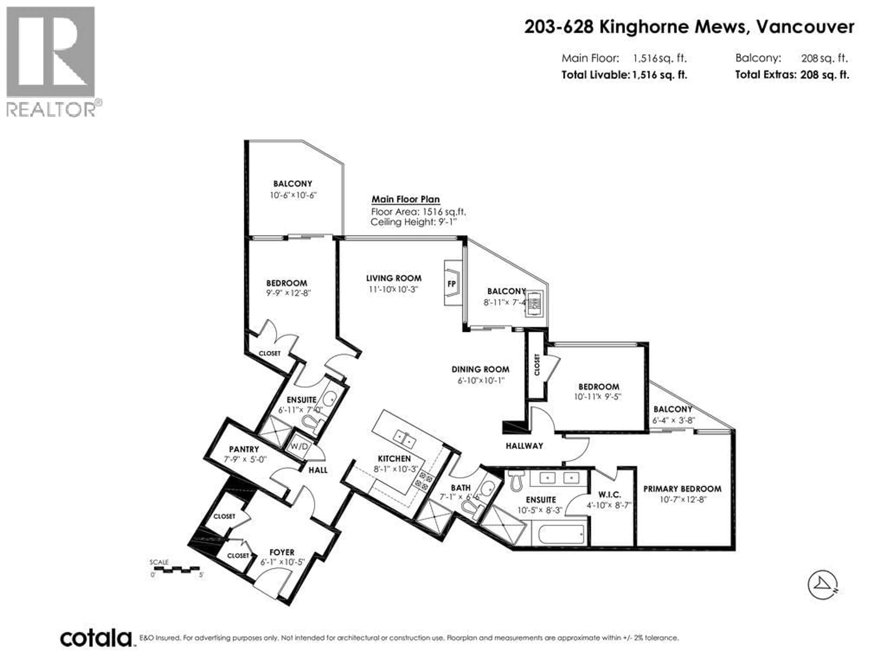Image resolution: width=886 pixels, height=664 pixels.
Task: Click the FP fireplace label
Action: tap(451, 284)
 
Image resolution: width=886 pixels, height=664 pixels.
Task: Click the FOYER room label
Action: tap(282, 552)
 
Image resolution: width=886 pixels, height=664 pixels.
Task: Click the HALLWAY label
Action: tap(524, 446)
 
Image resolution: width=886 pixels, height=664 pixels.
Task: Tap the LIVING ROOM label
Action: tap(394, 278)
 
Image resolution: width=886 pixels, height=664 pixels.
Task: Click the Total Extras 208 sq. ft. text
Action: tap(792, 75)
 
